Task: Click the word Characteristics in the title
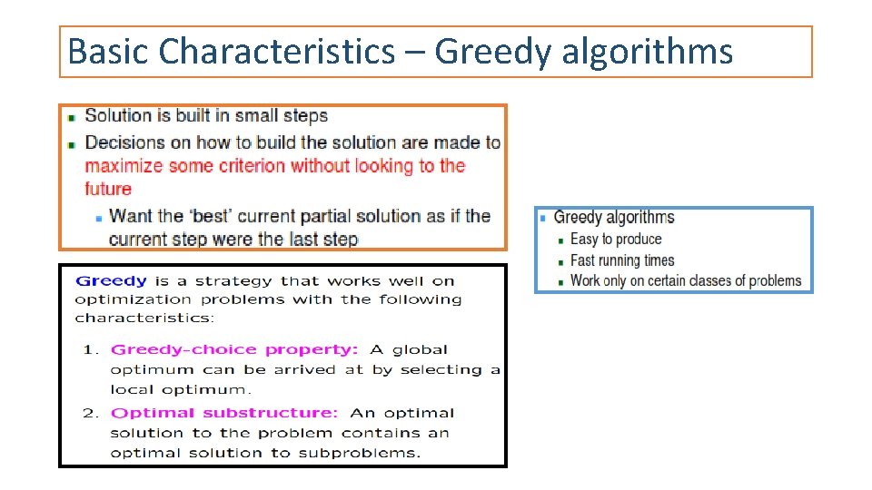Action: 276,52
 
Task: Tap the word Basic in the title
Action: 108,52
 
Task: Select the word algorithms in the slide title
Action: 647,52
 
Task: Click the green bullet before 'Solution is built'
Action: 72,117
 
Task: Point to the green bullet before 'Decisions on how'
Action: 72,144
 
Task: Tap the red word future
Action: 108,189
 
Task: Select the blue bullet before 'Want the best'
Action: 98,218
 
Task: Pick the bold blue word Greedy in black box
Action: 111,281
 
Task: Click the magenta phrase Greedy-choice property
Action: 234,349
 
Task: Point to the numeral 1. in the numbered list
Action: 91,349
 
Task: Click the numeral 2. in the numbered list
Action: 91,413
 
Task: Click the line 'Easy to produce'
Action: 616,240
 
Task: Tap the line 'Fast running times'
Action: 622,260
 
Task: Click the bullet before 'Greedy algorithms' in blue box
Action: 543,218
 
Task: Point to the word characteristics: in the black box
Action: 144,318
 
